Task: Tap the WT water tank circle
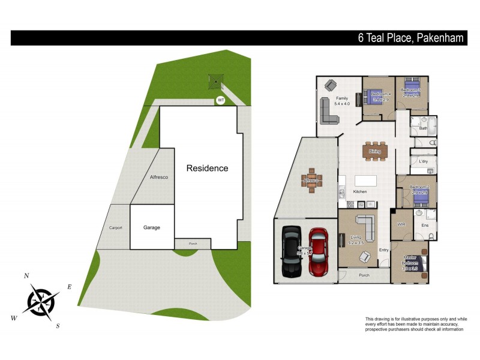pos(221,100)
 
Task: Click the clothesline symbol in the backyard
pos(216,81)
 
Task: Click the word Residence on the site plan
pos(207,168)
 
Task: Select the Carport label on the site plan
pos(115,228)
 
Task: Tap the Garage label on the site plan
pos(152,228)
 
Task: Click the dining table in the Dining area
pos(376,152)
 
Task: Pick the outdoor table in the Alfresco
pos(311,181)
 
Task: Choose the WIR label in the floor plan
pos(402,224)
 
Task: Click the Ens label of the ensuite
pos(425,226)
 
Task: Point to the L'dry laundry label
pos(423,162)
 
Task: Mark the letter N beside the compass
pos(26,275)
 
